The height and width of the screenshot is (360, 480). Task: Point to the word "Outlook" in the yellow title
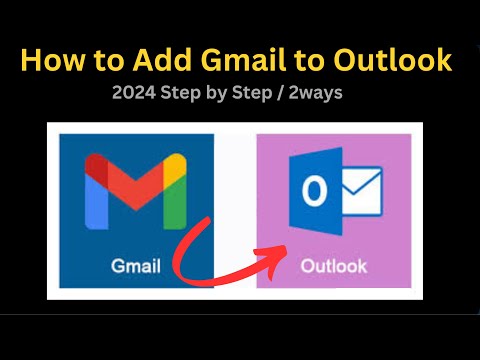pos(399,60)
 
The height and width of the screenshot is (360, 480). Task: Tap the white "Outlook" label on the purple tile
pos(335,267)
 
